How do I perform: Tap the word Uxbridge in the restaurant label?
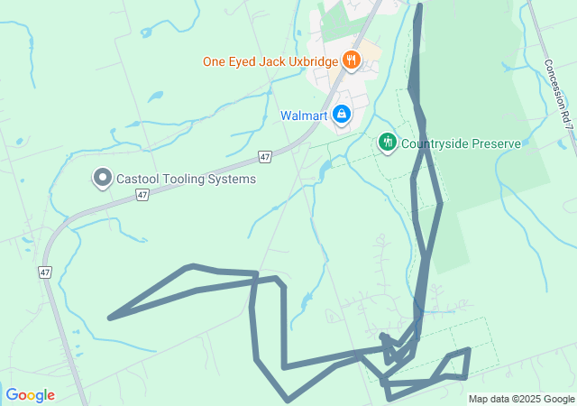click(311, 61)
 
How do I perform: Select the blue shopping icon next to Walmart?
click(342, 115)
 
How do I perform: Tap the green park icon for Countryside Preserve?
click(387, 143)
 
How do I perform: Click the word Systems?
click(234, 179)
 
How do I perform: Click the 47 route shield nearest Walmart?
click(264, 157)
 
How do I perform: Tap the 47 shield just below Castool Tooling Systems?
click(143, 195)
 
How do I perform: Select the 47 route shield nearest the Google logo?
click(45, 271)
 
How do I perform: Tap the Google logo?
click(30, 395)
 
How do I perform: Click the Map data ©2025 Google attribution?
click(521, 399)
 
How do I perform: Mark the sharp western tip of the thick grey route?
click(110, 318)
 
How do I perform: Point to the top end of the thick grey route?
click(420, 6)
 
